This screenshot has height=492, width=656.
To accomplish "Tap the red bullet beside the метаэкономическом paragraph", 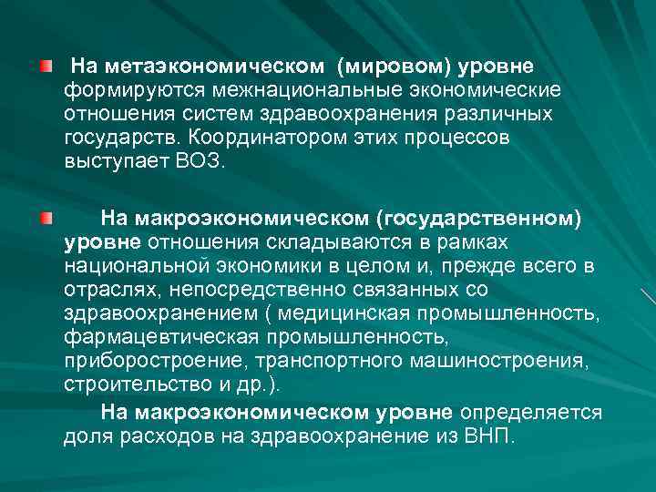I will point(46,67).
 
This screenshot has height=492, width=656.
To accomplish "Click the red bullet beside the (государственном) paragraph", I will point(46,219).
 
